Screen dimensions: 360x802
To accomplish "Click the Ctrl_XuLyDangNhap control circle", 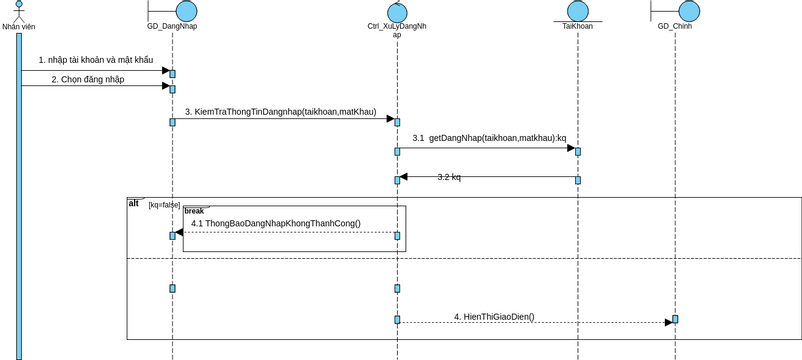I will [397, 12].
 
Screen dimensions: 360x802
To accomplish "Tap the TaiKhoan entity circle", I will [577, 11].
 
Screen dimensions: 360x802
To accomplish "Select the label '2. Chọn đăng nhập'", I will [88, 79].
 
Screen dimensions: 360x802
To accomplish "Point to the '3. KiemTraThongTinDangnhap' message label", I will [280, 112].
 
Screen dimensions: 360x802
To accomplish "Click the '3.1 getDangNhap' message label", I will [489, 138].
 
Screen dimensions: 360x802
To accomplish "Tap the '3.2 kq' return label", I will [449, 177].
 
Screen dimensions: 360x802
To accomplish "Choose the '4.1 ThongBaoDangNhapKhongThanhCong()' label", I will [276, 223].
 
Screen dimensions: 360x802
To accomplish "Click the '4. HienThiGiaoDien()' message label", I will [494, 317].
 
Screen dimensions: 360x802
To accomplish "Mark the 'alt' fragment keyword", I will [134, 203].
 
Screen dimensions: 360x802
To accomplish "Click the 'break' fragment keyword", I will [194, 211].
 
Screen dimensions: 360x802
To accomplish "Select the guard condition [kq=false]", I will [164, 205].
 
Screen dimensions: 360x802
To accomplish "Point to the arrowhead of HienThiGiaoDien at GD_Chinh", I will [668, 322].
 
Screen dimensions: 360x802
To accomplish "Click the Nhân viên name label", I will [18, 27].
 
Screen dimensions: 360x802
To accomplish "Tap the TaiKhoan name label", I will [577, 27].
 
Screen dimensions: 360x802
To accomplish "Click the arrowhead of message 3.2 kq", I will [404, 177].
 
